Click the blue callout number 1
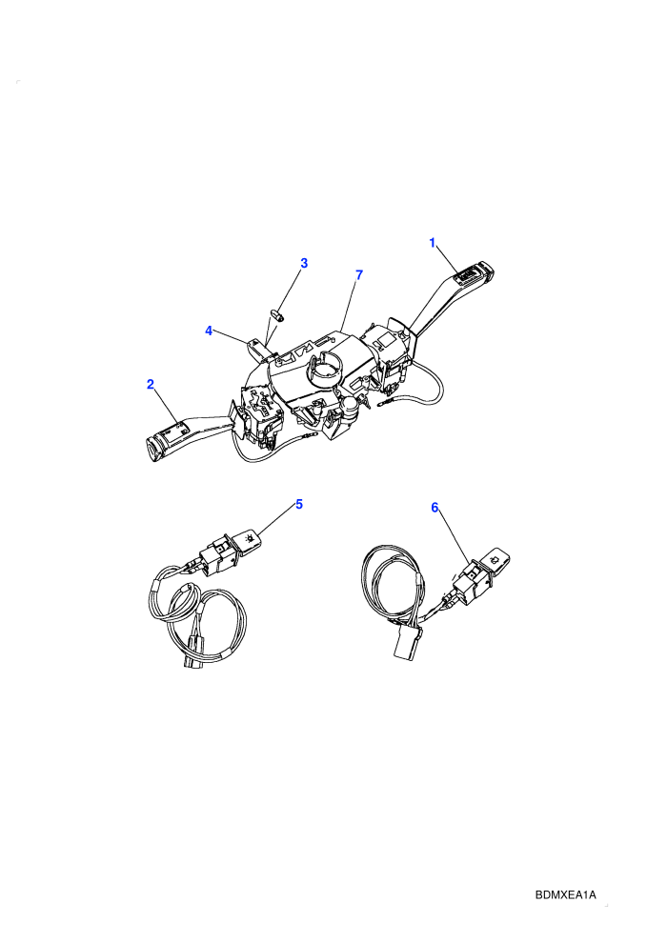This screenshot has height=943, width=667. coord(432,242)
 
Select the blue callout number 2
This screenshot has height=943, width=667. coord(151,384)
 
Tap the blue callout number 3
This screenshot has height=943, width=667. coord(304,263)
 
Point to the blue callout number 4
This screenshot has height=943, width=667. coord(209,331)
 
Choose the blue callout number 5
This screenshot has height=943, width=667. coord(299,504)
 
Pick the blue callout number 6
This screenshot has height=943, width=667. coord(435,508)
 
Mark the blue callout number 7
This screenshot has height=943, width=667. coord(359,275)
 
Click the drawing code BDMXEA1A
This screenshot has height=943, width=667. coord(565,894)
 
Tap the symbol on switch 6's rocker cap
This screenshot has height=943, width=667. coord(495,559)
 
